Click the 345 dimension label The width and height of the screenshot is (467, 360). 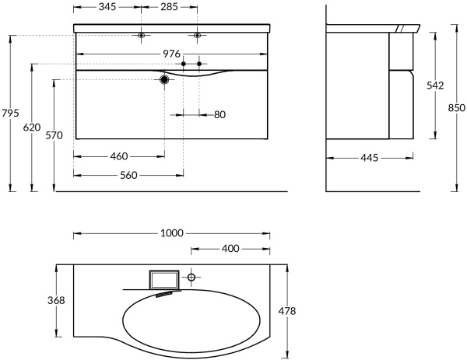pyautogui.click(x=107, y=7)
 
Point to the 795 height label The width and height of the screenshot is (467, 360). pyautogui.click(x=10, y=114)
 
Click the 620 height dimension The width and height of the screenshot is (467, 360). pyautogui.click(x=31, y=128)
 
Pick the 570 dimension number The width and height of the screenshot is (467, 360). pyautogui.click(x=54, y=135)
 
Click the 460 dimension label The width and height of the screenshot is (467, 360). pyautogui.click(x=118, y=156)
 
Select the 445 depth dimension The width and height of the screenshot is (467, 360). pyautogui.click(x=369, y=158)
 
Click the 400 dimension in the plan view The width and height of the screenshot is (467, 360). pyautogui.click(x=230, y=249)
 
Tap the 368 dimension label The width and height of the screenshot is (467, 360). pyautogui.click(x=55, y=300)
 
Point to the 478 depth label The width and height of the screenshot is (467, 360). pyautogui.click(x=287, y=310)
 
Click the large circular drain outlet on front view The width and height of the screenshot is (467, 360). pyautogui.click(x=165, y=79)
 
